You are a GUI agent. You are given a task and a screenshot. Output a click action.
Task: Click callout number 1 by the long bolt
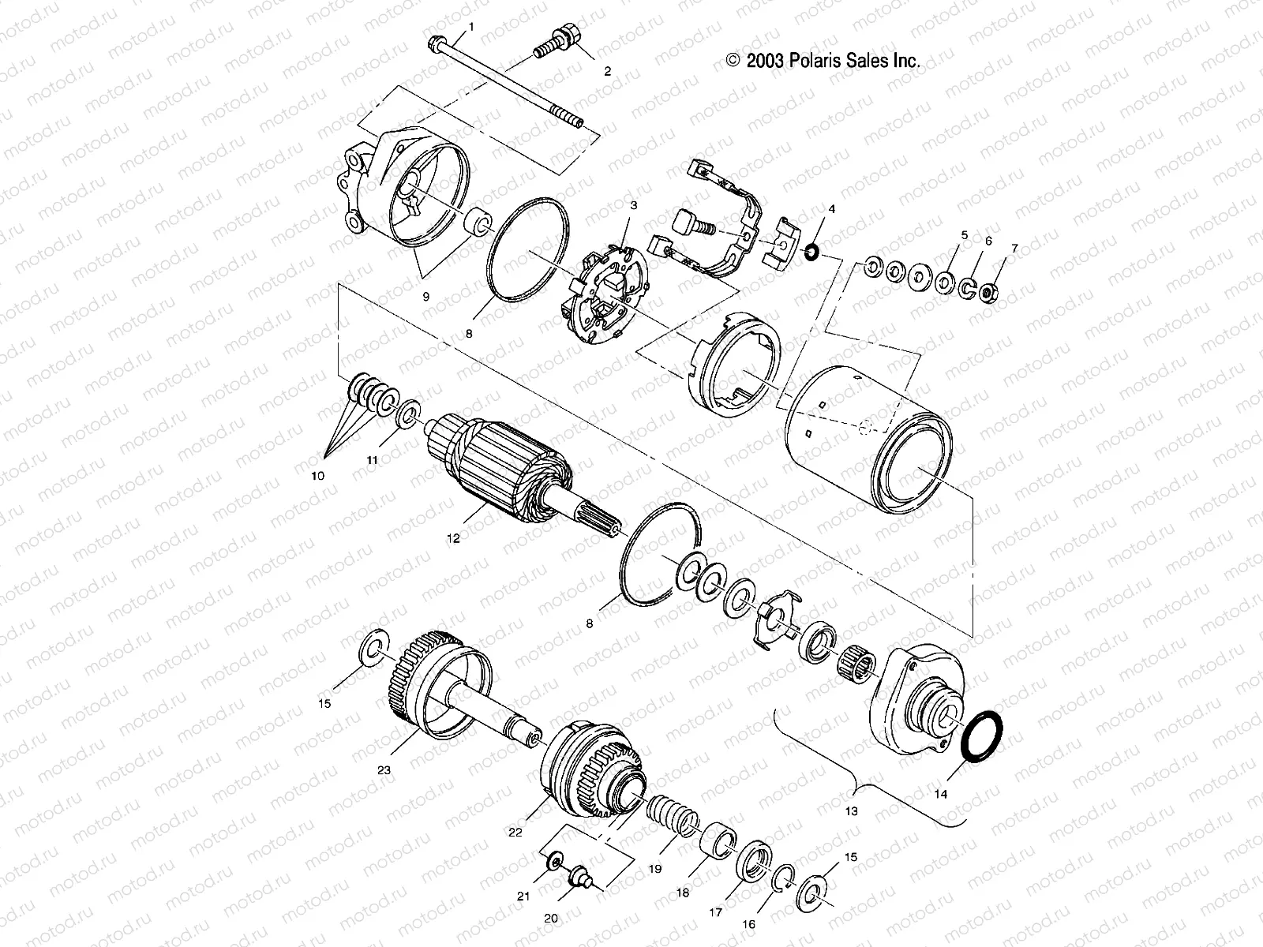pyautogui.click(x=471, y=26)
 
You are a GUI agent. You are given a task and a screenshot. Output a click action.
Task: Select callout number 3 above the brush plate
pyautogui.click(x=633, y=206)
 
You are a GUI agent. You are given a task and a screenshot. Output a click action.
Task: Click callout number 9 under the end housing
pyautogui.click(x=425, y=297)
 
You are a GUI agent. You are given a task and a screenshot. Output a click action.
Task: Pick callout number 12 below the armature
pyautogui.click(x=452, y=539)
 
